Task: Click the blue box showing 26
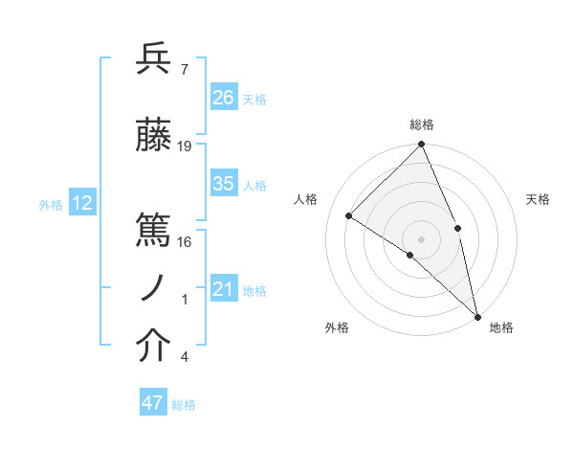pyautogui.click(x=224, y=97)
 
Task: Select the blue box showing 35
pyautogui.click(x=224, y=184)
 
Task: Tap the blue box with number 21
pyautogui.click(x=224, y=289)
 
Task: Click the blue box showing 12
pyautogui.click(x=81, y=203)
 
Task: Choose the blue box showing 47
pyautogui.click(x=153, y=403)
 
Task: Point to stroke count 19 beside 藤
pyautogui.click(x=185, y=146)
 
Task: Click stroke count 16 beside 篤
pyautogui.click(x=185, y=241)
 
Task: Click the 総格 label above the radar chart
pyautogui.click(x=422, y=124)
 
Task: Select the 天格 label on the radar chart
pyautogui.click(x=538, y=199)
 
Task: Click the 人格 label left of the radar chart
pyautogui.click(x=306, y=199)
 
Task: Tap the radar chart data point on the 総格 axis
pyautogui.click(x=422, y=145)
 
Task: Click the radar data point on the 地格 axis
pyautogui.click(x=476, y=315)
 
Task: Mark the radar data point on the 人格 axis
pyautogui.click(x=349, y=215)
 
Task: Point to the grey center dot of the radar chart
pyautogui.click(x=422, y=238)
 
